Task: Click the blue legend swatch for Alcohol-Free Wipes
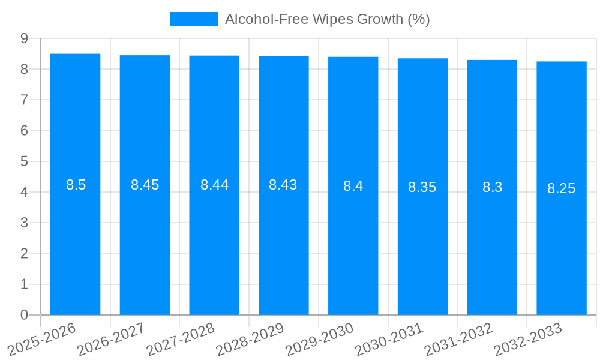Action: click(x=193, y=19)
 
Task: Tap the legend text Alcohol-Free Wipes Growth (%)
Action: click(x=327, y=19)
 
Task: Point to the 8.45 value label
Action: click(x=145, y=185)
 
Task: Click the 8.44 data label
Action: click(x=214, y=185)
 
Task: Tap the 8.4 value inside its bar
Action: click(x=353, y=186)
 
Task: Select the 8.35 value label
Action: click(x=422, y=187)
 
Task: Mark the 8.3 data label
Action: click(x=492, y=187)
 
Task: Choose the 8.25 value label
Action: click(x=562, y=188)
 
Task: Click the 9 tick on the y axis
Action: click(x=24, y=38)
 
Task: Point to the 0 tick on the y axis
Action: click(x=24, y=315)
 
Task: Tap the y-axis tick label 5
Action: click(x=24, y=161)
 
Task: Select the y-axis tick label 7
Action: click(x=24, y=100)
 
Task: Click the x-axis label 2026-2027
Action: click(x=111, y=339)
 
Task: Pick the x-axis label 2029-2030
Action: click(x=319, y=339)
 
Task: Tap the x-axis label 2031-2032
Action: click(x=458, y=339)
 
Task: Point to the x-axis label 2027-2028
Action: click(x=181, y=339)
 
